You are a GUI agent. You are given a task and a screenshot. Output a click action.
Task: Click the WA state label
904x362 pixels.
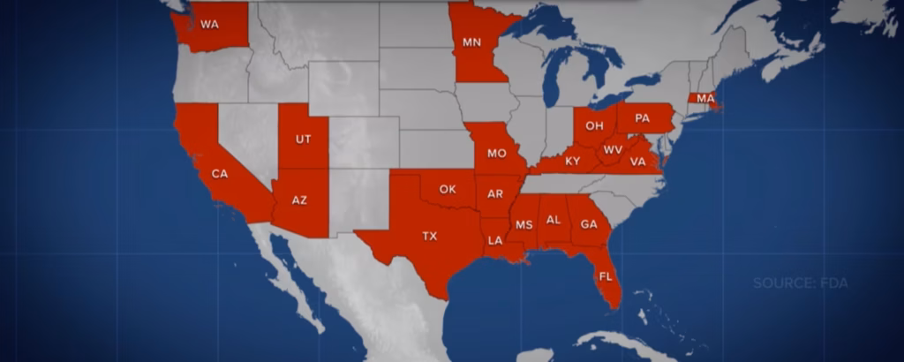209,25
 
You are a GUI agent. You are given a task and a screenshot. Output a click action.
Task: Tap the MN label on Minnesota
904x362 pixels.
472,41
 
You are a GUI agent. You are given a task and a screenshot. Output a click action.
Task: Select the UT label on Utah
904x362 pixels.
303,140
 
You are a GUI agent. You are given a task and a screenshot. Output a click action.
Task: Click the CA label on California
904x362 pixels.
220,174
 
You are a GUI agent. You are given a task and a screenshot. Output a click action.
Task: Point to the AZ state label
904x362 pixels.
300,200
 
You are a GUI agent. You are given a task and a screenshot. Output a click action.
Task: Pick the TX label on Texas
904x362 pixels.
429,236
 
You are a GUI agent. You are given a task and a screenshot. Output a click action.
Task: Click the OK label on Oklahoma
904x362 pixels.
448,189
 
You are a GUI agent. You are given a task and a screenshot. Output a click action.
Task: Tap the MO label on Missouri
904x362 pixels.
496,154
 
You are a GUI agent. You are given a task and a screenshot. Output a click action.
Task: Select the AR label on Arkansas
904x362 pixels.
495,193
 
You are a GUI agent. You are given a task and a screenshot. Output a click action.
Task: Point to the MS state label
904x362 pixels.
524,225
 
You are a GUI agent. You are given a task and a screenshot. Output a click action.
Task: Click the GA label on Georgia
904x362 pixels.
589,224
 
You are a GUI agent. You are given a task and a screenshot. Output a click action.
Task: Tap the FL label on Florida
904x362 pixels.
606,276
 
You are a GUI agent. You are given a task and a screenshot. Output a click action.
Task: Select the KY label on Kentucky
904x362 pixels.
573,162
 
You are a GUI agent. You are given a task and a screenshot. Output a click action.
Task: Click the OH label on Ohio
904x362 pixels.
595,125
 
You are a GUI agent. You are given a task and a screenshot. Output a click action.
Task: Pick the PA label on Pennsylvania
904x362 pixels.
642,117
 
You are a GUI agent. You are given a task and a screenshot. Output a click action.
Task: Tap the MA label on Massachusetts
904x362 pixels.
705,98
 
